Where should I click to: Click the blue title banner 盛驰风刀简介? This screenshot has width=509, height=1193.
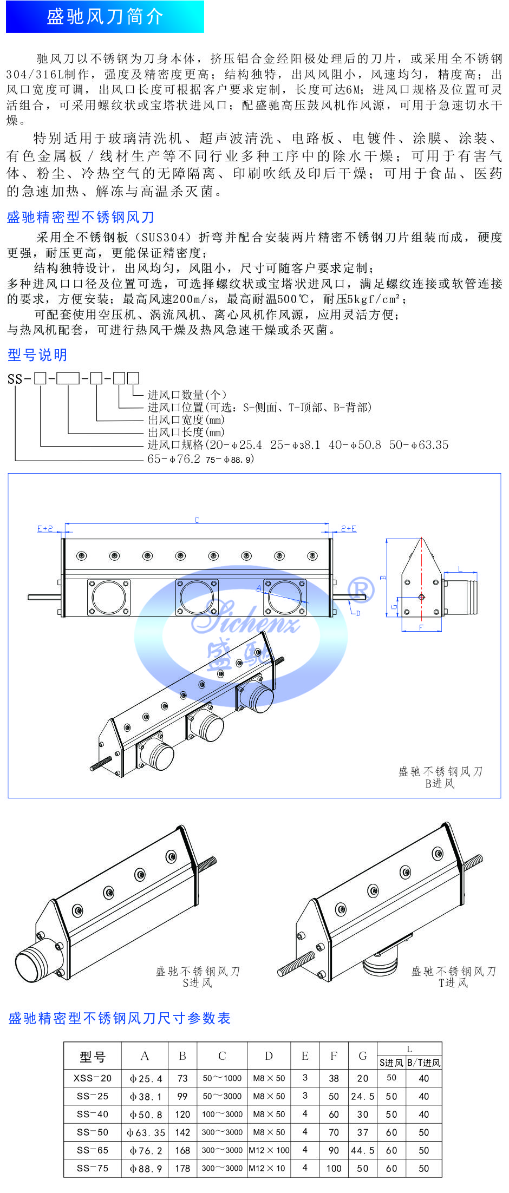[105, 17]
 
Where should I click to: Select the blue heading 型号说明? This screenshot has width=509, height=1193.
[37, 355]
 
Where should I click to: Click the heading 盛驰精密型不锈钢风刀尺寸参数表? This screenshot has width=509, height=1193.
[120, 1018]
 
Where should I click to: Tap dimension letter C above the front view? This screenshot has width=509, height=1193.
[197, 520]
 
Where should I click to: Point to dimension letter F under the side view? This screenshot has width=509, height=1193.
[421, 628]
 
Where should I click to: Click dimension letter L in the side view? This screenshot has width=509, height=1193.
[460, 569]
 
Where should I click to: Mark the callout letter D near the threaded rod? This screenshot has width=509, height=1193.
[358, 613]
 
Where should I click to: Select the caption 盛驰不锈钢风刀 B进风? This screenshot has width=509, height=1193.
[440, 777]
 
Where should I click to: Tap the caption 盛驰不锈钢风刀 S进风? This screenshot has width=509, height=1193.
[198, 977]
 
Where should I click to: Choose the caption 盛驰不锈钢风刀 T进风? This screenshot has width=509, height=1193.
[454, 977]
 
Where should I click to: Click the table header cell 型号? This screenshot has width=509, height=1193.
[93, 1057]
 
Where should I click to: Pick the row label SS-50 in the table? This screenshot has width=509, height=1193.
[93, 1132]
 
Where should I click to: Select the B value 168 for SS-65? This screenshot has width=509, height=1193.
[182, 1150]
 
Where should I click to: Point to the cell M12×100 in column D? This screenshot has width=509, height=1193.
[269, 1150]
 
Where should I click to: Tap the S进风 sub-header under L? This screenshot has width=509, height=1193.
[391, 1063]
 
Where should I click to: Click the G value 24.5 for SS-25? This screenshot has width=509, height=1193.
[363, 1096]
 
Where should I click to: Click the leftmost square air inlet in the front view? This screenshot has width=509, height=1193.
[109, 598]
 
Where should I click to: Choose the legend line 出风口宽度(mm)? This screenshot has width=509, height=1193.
[186, 419]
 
